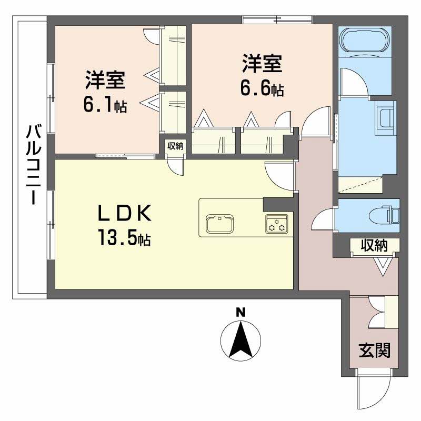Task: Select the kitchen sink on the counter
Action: [x=219, y=223]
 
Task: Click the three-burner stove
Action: [x=277, y=223]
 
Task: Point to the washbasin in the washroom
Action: [x=386, y=118]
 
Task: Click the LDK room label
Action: [x=124, y=213]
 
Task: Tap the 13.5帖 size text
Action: [x=124, y=238]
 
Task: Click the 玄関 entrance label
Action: [x=374, y=350]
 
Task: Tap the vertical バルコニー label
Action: [x=33, y=165]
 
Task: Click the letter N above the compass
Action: [x=240, y=312]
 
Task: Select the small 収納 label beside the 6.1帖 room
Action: [x=175, y=146]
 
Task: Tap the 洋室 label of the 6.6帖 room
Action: [x=262, y=64]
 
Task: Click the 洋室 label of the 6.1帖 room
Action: [x=105, y=80]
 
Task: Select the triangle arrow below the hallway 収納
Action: [x=384, y=266]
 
